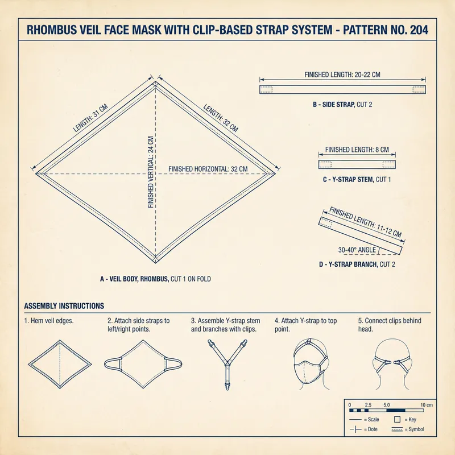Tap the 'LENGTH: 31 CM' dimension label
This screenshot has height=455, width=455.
(x=91, y=118)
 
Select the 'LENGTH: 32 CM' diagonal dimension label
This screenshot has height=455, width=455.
(x=221, y=118)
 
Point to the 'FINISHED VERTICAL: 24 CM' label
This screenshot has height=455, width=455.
(x=151, y=172)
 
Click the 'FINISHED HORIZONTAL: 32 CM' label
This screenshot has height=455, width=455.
(x=208, y=169)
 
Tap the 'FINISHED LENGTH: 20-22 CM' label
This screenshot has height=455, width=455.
(x=343, y=75)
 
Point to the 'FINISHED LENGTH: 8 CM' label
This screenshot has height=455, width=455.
(x=357, y=150)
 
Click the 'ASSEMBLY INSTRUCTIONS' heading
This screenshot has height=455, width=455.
(x=64, y=306)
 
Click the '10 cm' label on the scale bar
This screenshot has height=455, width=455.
(x=427, y=404)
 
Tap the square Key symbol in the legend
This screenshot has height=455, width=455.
(x=397, y=419)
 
